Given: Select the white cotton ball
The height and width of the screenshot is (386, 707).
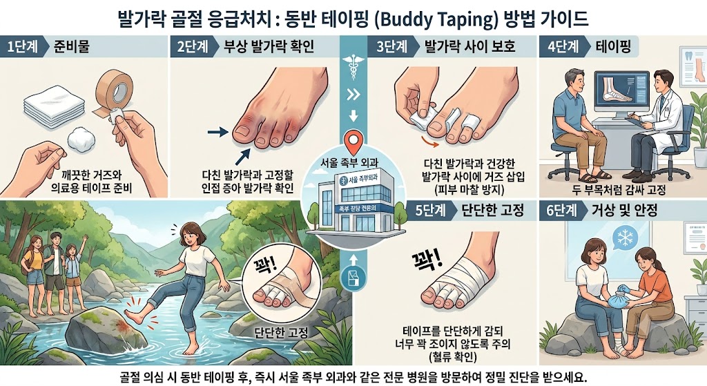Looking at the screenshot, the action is (81, 138).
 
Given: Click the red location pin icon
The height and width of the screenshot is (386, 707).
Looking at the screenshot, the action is (353, 142).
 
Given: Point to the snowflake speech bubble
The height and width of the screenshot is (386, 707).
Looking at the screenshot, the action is (625, 237).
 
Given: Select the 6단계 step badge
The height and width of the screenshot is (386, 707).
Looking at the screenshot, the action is (562, 210).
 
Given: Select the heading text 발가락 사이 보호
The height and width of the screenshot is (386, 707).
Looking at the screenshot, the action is (469, 46).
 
